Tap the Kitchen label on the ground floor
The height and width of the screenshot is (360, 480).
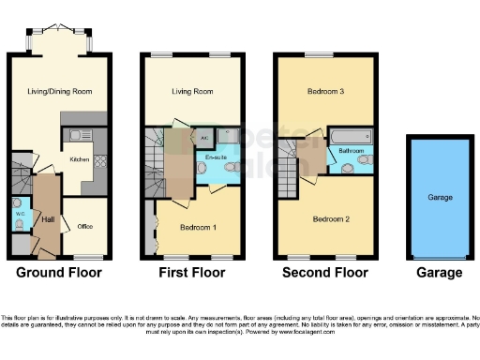click(81, 159)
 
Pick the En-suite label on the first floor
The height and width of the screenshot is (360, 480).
click(210, 158)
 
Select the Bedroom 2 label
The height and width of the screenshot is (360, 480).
click(330, 219)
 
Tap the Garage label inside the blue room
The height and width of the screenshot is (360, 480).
click(440, 198)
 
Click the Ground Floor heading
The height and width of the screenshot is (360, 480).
click(59, 273)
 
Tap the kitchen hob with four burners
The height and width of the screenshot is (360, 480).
click(99, 160)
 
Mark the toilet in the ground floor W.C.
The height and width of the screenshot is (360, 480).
click(19, 223)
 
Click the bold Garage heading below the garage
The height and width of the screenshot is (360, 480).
click(439, 273)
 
